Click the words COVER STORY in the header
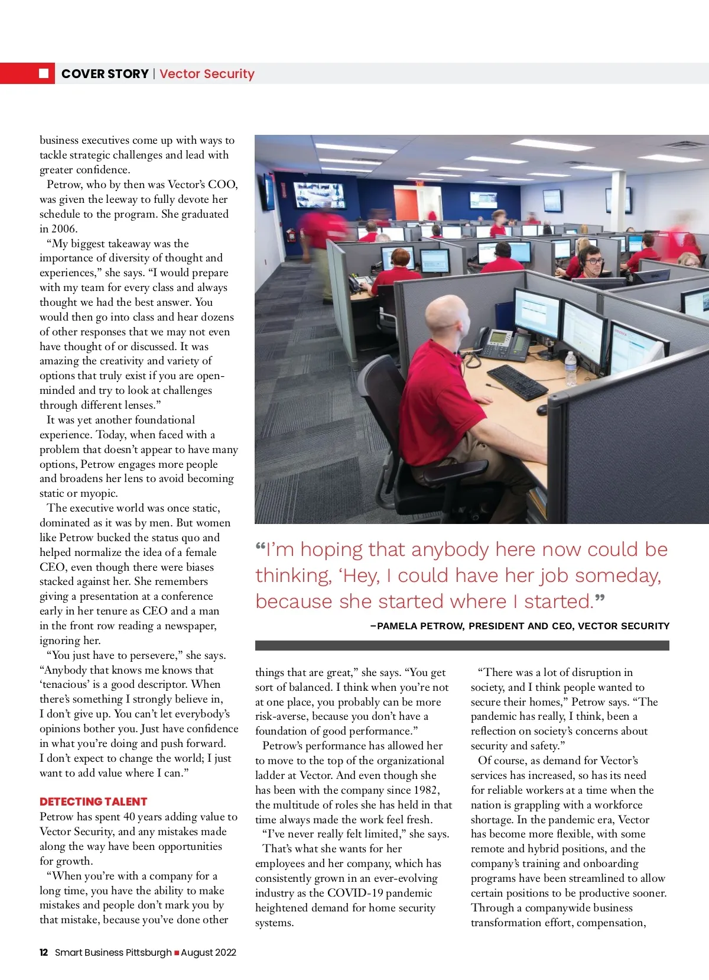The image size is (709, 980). click(x=105, y=74)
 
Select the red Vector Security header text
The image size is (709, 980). click(x=207, y=74)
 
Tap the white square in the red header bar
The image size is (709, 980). click(x=44, y=73)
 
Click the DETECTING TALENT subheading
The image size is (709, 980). click(x=93, y=801)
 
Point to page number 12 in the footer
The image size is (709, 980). click(x=44, y=952)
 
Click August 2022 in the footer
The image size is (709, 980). click(x=209, y=952)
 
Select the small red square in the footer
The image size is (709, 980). click(x=177, y=952)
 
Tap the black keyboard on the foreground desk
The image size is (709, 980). click(x=518, y=381)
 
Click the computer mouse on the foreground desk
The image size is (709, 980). click(x=542, y=409)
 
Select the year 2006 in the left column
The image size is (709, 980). click(x=64, y=229)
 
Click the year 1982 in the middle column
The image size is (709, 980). click(x=425, y=790)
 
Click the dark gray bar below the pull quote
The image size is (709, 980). click(x=462, y=645)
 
